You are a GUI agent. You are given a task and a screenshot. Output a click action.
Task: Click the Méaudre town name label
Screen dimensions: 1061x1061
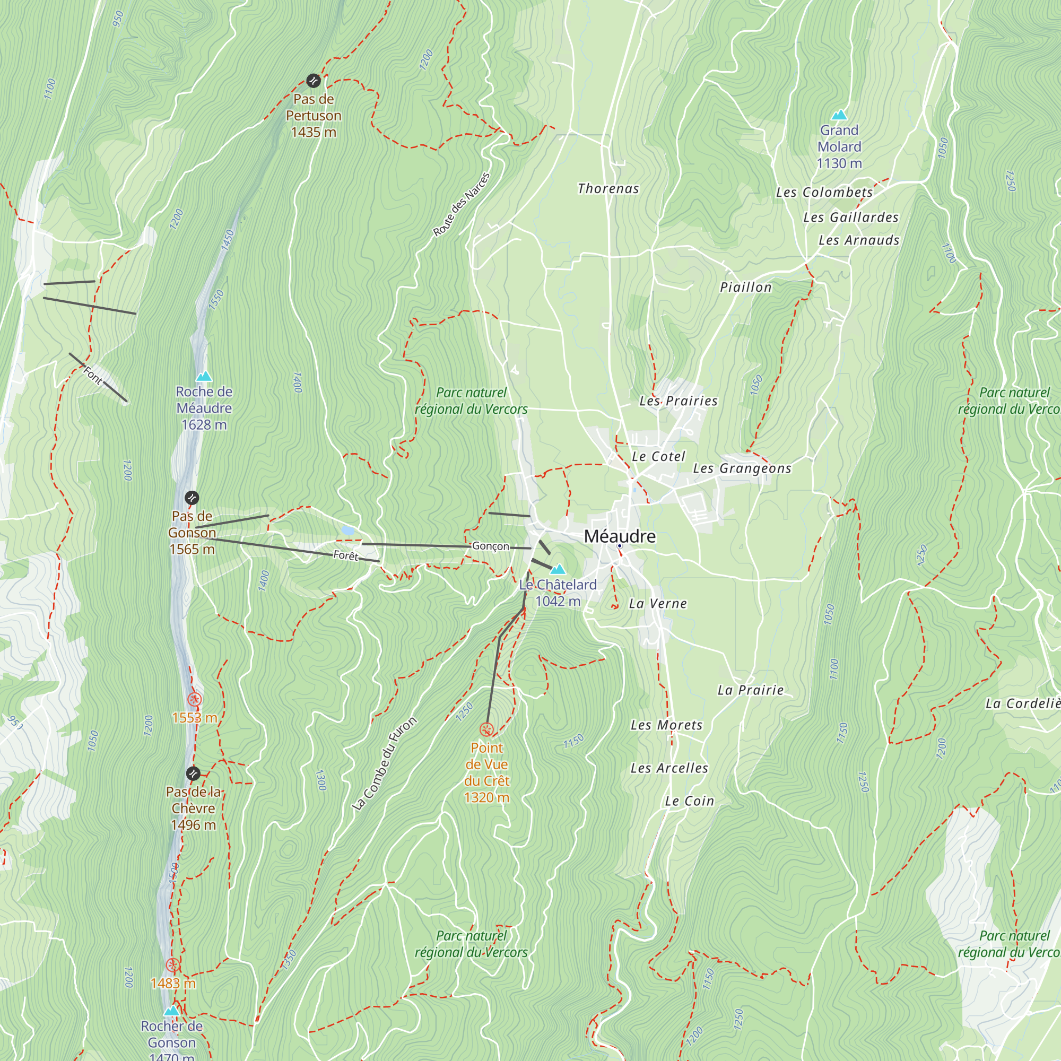620,536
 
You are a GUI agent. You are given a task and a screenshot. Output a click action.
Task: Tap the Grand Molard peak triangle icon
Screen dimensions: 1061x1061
839,115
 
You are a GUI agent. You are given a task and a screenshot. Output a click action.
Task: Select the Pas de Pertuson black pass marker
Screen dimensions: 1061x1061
313,81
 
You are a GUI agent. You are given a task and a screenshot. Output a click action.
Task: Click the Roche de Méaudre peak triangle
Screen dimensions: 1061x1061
204,376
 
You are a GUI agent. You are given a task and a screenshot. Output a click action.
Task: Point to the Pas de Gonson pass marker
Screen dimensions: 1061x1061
192,498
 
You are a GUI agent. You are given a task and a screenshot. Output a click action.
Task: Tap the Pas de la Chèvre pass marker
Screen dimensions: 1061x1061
193,774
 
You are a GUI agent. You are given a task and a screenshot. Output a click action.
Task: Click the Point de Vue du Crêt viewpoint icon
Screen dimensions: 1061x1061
486,730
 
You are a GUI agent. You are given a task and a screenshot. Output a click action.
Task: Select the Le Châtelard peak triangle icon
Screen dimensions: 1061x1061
558,569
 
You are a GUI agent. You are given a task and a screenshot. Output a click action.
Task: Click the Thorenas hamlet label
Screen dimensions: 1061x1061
608,189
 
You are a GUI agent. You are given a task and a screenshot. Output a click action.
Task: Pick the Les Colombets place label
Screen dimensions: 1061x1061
824,193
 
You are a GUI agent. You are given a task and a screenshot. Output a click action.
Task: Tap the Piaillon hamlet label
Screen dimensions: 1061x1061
745,287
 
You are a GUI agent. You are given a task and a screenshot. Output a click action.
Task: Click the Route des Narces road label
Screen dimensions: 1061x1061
462,205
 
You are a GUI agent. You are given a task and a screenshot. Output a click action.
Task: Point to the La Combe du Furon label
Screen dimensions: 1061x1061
385,764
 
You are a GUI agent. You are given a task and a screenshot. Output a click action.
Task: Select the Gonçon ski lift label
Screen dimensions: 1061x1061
490,546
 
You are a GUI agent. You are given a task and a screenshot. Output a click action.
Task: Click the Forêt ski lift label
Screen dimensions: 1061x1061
345,555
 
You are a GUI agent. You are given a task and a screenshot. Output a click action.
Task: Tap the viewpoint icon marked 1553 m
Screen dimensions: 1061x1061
194,699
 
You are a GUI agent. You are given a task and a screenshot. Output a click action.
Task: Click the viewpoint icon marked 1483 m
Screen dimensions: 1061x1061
172,966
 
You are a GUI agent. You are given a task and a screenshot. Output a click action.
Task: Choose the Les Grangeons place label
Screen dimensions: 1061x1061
742,468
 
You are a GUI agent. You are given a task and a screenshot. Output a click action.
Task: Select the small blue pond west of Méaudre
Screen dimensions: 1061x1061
347,530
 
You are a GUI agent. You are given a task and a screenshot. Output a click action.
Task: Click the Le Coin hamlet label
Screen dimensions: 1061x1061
689,801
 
